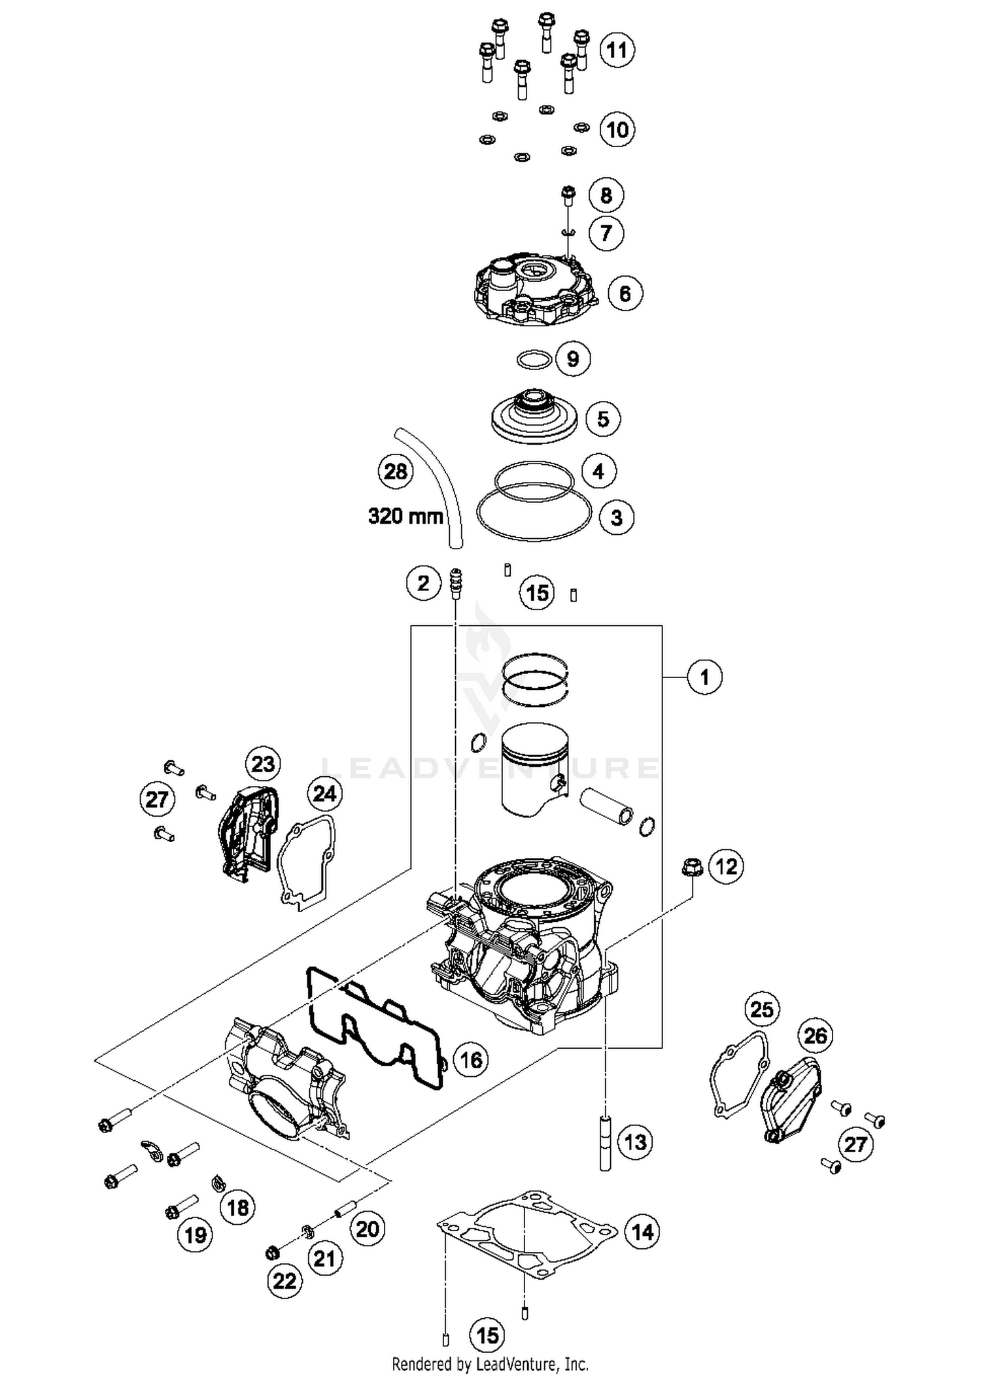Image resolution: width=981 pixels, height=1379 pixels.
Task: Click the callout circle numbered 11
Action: click(616, 50)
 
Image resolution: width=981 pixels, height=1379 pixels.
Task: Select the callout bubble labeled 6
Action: click(625, 294)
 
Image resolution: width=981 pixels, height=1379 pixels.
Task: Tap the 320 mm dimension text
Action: click(405, 517)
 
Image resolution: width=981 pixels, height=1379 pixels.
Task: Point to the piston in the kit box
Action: click(534, 768)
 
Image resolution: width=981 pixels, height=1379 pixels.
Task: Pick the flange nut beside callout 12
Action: click(688, 868)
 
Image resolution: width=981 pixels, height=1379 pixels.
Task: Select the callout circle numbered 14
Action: click(642, 1233)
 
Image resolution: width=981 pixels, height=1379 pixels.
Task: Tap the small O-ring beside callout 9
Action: click(533, 359)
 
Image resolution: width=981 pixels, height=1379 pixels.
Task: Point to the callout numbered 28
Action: click(396, 471)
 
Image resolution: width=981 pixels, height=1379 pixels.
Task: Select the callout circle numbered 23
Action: click(263, 764)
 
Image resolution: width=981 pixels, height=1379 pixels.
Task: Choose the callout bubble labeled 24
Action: click(324, 793)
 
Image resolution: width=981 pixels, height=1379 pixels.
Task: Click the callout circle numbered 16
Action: click(471, 1059)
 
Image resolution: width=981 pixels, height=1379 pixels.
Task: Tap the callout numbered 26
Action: click(815, 1035)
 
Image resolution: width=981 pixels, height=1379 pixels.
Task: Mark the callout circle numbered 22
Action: click(284, 1280)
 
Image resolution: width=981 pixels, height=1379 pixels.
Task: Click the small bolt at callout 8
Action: click(568, 195)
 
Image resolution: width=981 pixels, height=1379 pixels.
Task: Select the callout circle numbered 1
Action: click(704, 677)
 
